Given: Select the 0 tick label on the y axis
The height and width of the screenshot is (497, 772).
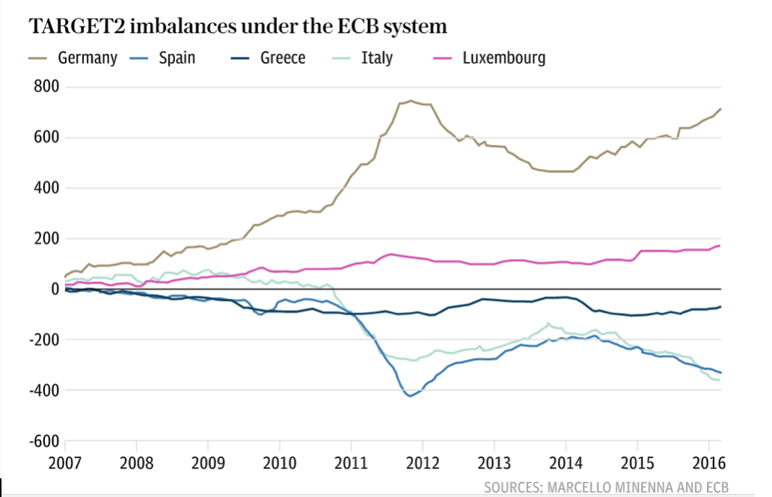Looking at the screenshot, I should pyautogui.click(x=55, y=289).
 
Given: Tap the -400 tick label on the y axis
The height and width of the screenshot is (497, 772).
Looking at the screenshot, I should pyautogui.click(x=43, y=391).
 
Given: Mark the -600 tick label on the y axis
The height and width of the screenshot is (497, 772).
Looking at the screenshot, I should pyautogui.click(x=43, y=441).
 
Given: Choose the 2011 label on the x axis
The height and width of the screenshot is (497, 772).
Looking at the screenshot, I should pyautogui.click(x=351, y=460).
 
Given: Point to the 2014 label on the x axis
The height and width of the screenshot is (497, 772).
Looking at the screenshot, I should pyautogui.click(x=566, y=460).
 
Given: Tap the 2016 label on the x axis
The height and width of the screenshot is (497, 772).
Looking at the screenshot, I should pyautogui.click(x=709, y=460).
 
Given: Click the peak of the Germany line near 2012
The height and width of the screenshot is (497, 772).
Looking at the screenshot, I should pyautogui.click(x=410, y=100).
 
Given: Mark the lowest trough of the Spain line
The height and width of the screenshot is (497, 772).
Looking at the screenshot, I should pyautogui.click(x=410, y=396).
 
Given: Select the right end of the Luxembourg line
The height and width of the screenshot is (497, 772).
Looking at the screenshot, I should pyautogui.click(x=720, y=246).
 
